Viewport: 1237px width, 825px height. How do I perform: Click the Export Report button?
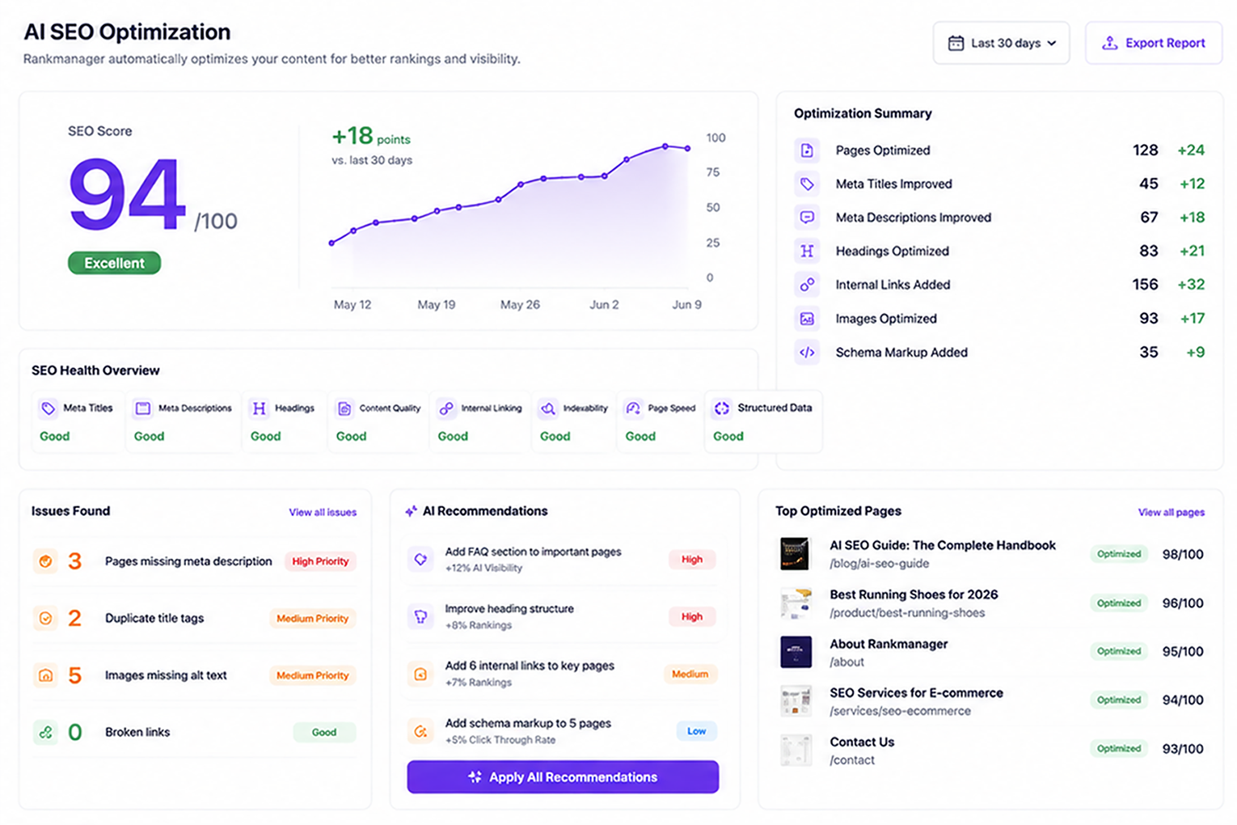point(1154,43)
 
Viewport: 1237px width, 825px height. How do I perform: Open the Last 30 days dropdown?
point(1001,43)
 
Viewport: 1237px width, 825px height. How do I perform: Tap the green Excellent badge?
point(114,263)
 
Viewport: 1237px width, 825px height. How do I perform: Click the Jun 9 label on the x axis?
point(686,304)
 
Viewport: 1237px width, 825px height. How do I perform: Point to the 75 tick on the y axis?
point(713,172)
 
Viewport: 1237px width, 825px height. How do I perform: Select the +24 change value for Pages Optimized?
point(1191,150)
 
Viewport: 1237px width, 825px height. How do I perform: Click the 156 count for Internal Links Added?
point(1145,285)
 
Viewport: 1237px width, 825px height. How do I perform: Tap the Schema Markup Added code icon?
point(807,353)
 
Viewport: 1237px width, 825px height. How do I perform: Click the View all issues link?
point(323,512)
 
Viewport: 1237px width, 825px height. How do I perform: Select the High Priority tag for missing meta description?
point(320,561)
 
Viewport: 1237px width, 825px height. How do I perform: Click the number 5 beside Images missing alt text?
point(74,675)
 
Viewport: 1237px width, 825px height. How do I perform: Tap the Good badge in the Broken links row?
point(324,732)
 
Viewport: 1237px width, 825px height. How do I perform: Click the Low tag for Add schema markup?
point(696,731)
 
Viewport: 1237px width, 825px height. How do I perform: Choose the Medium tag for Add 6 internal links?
point(690,674)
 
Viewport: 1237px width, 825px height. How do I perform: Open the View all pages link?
point(1172,512)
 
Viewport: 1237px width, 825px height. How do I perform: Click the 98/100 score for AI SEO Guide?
point(1183,554)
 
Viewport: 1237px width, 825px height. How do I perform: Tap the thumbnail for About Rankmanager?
point(796,652)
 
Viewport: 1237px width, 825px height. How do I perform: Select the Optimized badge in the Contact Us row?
point(1119,749)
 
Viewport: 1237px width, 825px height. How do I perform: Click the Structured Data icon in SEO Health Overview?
point(722,408)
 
